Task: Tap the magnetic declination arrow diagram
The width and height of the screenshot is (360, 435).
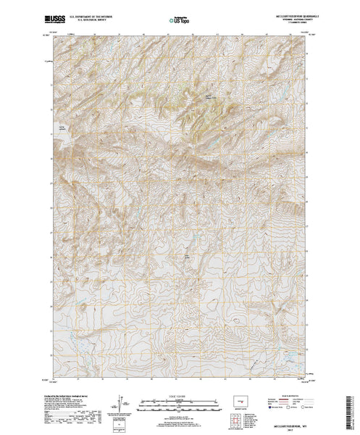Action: (x=119, y=403)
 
